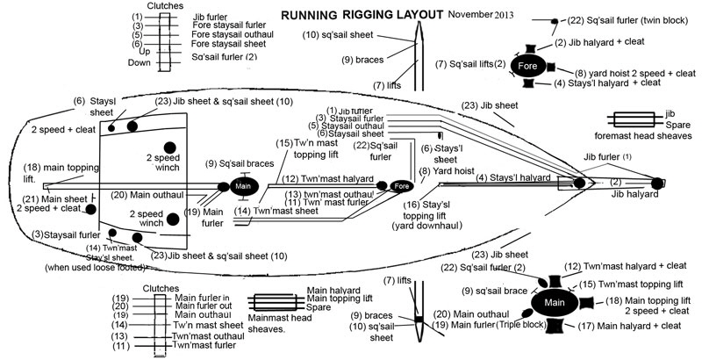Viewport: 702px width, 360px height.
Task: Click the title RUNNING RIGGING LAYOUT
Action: (361, 16)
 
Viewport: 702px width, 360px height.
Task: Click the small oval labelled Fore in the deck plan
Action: (400, 187)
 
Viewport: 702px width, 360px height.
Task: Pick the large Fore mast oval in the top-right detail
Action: (526, 65)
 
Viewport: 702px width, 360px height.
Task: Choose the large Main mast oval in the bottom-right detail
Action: (553, 303)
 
